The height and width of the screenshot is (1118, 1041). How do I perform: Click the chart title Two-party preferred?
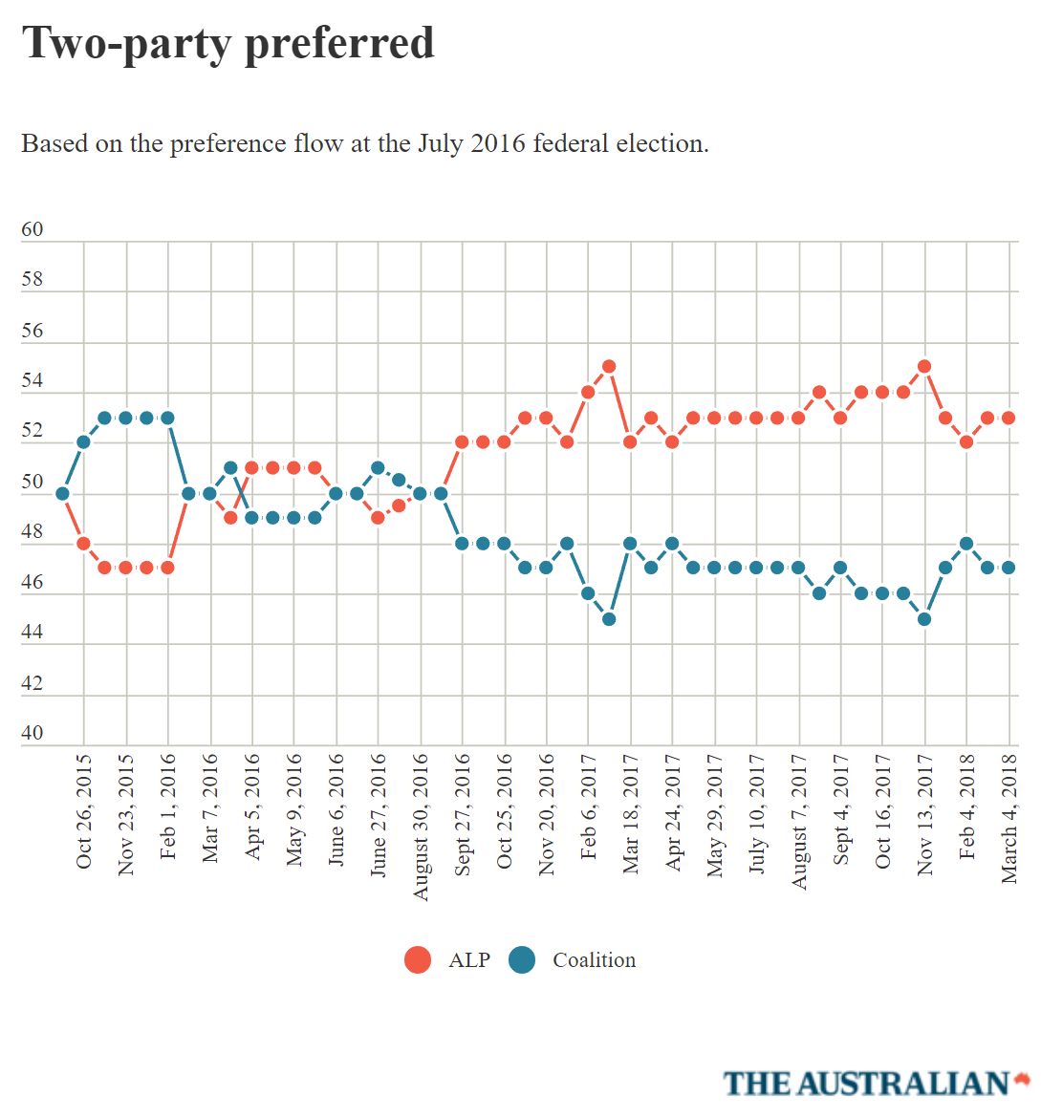pos(228,43)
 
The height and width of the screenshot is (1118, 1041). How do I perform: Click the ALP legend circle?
pos(418,959)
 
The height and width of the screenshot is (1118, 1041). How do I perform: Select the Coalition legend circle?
pos(522,959)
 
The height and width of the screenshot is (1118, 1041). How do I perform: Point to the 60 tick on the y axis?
pos(33,229)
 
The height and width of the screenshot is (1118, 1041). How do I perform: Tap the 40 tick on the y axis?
pos(33,733)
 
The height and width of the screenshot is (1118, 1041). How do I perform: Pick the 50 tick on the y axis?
pos(33,482)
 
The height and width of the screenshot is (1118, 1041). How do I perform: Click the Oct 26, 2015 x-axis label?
pos(84,812)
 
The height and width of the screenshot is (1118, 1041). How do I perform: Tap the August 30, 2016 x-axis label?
pos(421,828)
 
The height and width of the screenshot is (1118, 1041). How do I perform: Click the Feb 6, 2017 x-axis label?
pos(589,807)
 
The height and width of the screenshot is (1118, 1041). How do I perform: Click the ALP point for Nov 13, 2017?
pos(924,366)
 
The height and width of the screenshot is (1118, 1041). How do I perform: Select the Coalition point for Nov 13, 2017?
pos(924,619)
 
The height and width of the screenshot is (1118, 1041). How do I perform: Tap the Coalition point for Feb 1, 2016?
pos(167,418)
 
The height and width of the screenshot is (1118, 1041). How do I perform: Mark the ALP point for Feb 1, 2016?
pos(167,568)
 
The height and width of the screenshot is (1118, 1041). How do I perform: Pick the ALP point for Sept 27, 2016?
pos(462,441)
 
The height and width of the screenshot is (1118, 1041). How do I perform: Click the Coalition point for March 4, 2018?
pos(1008,568)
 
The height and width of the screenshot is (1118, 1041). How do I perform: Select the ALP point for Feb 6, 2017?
pos(588,392)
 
